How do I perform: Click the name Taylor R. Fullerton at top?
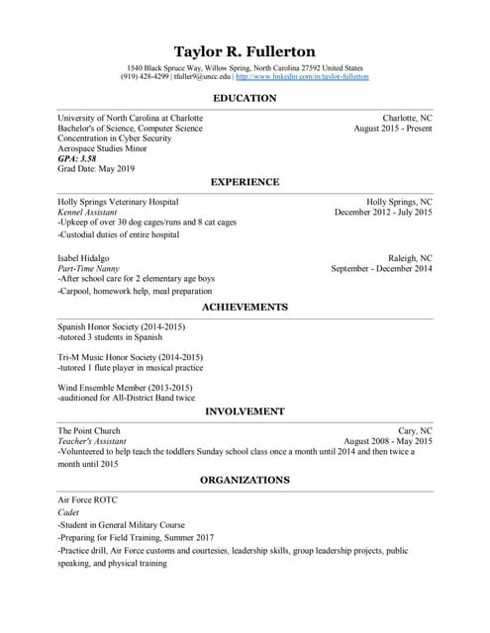click(x=245, y=51)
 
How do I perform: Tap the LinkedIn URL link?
click(x=302, y=76)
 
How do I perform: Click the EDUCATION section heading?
click(x=245, y=99)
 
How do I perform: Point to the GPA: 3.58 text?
click(x=77, y=159)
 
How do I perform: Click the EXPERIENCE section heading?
click(x=245, y=182)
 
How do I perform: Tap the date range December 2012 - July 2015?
click(x=383, y=212)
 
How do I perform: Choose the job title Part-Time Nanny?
click(x=88, y=268)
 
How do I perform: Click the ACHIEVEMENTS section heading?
click(x=245, y=308)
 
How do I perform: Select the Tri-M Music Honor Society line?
click(x=130, y=357)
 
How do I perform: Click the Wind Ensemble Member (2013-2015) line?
click(x=125, y=387)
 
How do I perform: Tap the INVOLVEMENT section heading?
click(x=245, y=410)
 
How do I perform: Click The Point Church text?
click(x=89, y=431)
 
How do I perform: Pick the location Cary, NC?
click(x=414, y=431)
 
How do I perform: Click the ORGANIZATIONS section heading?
click(x=245, y=480)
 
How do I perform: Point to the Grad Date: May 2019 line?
click(x=94, y=170)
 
